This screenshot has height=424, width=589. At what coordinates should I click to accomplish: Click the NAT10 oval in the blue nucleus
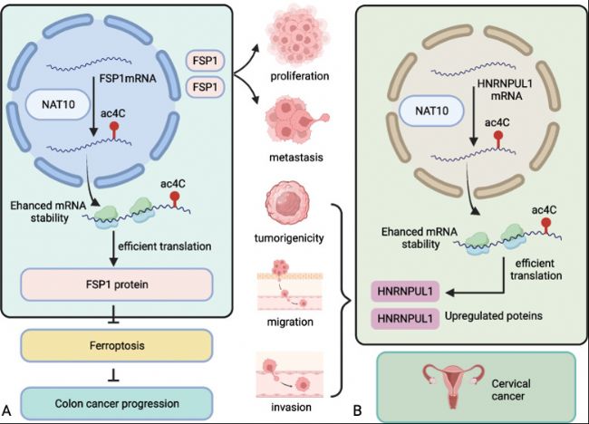[x=58, y=104]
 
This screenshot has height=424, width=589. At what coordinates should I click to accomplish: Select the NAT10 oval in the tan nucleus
[x=431, y=111]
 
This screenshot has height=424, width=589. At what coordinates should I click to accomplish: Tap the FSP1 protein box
[x=117, y=284]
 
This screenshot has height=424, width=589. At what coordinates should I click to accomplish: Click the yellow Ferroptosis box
[x=117, y=345]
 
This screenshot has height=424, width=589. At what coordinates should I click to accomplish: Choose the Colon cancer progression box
[x=117, y=404]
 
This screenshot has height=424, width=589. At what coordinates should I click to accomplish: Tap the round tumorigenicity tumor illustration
[x=288, y=202]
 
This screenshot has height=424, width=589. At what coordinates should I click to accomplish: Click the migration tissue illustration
[x=290, y=286]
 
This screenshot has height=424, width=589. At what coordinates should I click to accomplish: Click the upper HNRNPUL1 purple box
[x=405, y=292]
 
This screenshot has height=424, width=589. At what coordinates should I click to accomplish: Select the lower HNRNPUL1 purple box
[x=405, y=319]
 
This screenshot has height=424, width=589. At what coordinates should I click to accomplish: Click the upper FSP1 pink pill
[x=205, y=61]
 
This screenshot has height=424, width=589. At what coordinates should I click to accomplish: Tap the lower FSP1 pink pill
[x=205, y=87]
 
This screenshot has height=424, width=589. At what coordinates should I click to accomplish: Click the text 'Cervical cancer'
[x=511, y=390]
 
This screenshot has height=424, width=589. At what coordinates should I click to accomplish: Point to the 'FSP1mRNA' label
[x=128, y=79]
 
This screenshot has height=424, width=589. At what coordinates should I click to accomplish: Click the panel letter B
[x=357, y=410]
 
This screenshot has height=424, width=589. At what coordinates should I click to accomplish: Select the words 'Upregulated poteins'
[x=494, y=316]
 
